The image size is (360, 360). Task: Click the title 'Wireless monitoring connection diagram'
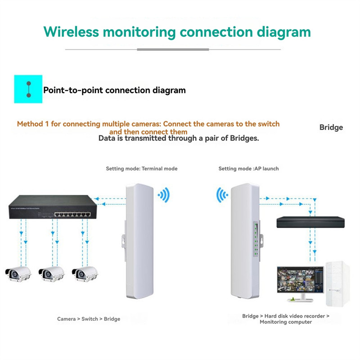pos(177,32)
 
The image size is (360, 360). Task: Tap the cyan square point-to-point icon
pos(28,89)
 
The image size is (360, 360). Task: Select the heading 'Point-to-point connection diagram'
pos(114,90)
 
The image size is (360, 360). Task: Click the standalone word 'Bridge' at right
pos(331,127)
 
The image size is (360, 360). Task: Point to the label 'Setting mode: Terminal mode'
pos(142,169)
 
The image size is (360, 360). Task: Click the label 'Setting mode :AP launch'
pos(248,169)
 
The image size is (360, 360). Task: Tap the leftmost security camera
pos(18,273)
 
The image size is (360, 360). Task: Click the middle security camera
pos(51,273)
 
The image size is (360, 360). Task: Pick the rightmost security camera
pos(85,273)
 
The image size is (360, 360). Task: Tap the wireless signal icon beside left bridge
pos(163,195)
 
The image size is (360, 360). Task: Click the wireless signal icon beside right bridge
pos(222,195)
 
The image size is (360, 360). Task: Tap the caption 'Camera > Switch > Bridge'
pos(89,319)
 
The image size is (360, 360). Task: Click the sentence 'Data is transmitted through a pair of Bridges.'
pos(179,139)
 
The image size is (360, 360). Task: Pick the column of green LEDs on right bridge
pos(256,241)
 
